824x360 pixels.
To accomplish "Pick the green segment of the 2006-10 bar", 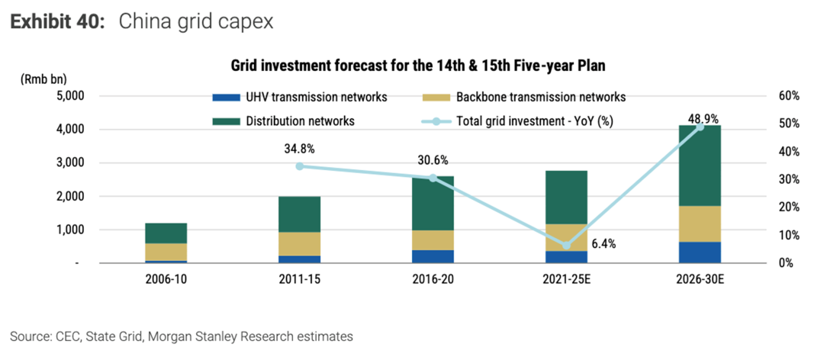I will point(166,233).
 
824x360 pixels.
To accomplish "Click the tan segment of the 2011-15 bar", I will point(299,244).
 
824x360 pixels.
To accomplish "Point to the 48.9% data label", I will point(703,118).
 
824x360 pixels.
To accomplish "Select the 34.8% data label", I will point(299,146).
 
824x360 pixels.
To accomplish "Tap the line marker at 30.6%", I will point(433,178).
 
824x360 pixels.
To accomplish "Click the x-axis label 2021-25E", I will point(566,279).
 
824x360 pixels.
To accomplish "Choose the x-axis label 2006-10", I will point(166,279).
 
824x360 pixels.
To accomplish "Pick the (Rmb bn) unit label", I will point(43,79).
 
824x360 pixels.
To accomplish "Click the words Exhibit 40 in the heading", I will point(56,22).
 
